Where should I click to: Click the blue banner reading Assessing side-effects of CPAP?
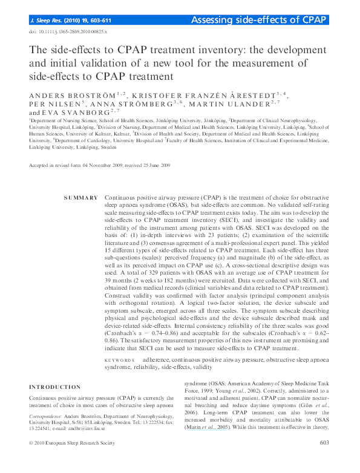pyautogui.click(x=259, y=20)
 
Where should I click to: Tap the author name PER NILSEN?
pyautogui.click(x=51, y=103)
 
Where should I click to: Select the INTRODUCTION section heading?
pyautogui.click(x=55, y=387)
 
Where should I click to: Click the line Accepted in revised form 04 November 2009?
pyautogui.click(x=100, y=165)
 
